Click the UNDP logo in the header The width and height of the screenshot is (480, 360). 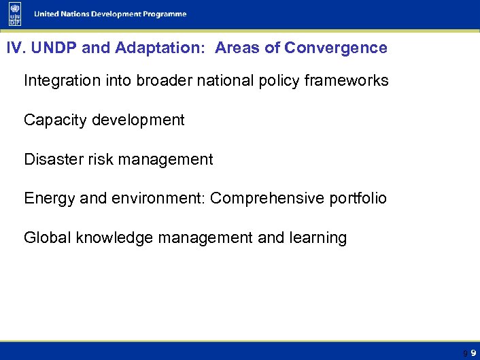pos(15,14)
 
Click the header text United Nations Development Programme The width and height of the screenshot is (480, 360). pos(111,14)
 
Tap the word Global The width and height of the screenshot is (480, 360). pos(48,238)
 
